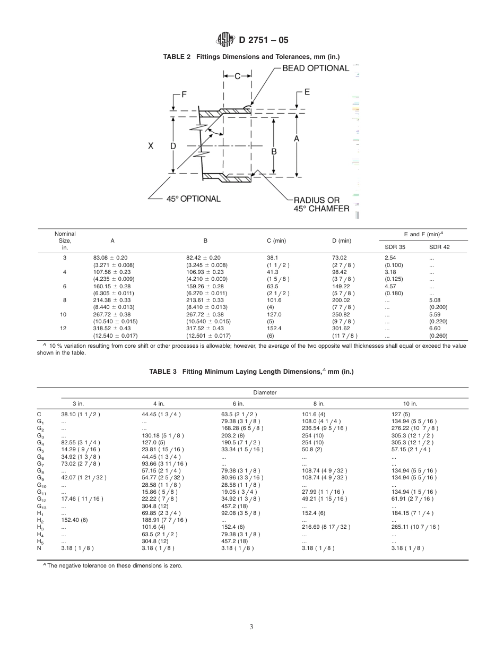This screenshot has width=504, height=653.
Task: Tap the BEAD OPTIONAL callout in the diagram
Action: click(315, 68)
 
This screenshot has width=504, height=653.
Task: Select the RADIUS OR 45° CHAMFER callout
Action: click(321, 204)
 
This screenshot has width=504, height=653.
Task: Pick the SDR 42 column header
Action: click(439, 247)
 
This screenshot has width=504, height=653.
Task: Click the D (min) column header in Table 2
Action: click(342, 240)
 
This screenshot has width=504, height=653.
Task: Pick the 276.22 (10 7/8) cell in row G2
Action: click(414, 428)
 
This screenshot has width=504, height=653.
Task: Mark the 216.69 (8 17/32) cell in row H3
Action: click(326, 527)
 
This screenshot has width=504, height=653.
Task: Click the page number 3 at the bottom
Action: click(251, 626)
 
